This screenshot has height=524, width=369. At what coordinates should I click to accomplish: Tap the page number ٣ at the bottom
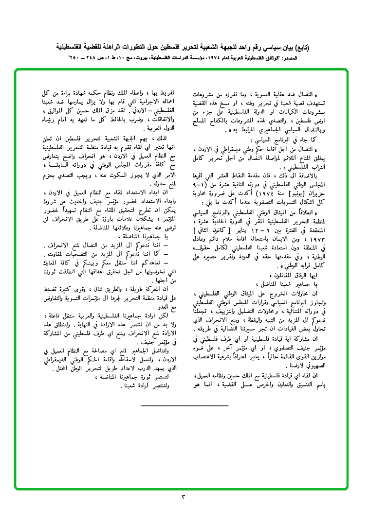click(184, 496)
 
